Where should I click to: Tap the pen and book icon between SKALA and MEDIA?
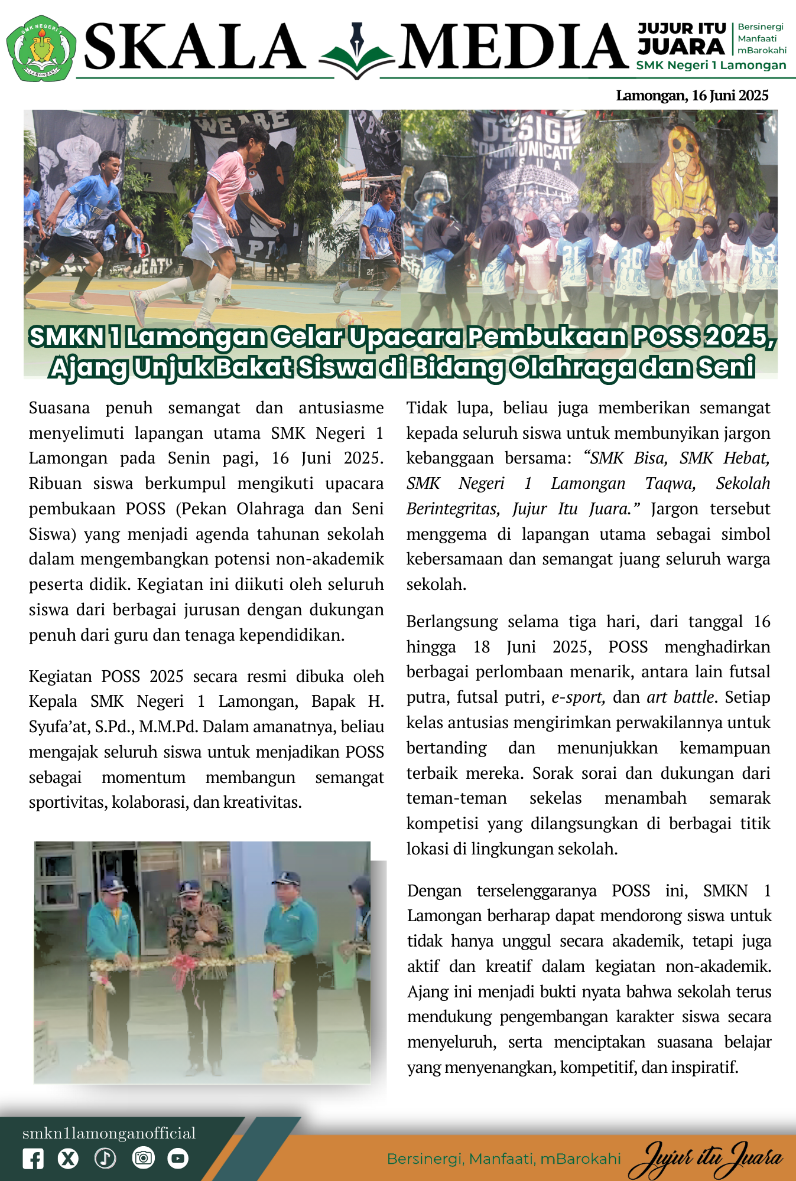click(356, 52)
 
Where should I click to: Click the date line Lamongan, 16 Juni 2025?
click(692, 96)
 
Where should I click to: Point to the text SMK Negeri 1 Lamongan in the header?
click(711, 66)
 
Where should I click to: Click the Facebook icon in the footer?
click(33, 1159)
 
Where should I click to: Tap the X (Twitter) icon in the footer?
click(69, 1159)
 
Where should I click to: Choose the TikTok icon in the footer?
click(105, 1159)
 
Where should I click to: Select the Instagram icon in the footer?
click(142, 1159)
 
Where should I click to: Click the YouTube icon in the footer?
click(177, 1159)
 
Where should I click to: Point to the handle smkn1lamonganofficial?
click(109, 1133)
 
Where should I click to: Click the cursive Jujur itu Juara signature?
click(706, 1159)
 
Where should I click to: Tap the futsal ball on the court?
click(350, 319)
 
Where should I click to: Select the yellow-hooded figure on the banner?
click(688, 177)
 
